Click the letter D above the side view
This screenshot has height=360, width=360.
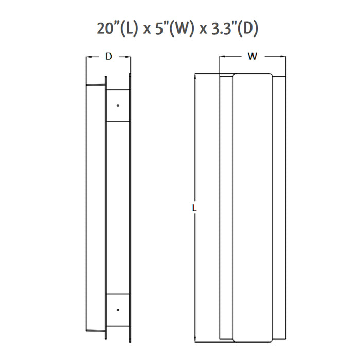(109, 57)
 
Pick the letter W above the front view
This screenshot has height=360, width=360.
(252, 57)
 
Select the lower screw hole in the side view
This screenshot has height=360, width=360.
(118, 310)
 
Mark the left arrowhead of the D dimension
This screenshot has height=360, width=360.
(88, 57)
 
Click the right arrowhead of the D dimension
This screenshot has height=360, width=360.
(129, 57)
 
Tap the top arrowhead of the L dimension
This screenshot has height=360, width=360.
(194, 76)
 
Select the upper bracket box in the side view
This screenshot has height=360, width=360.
(118, 105)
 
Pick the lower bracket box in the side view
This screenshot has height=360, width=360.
(118, 310)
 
